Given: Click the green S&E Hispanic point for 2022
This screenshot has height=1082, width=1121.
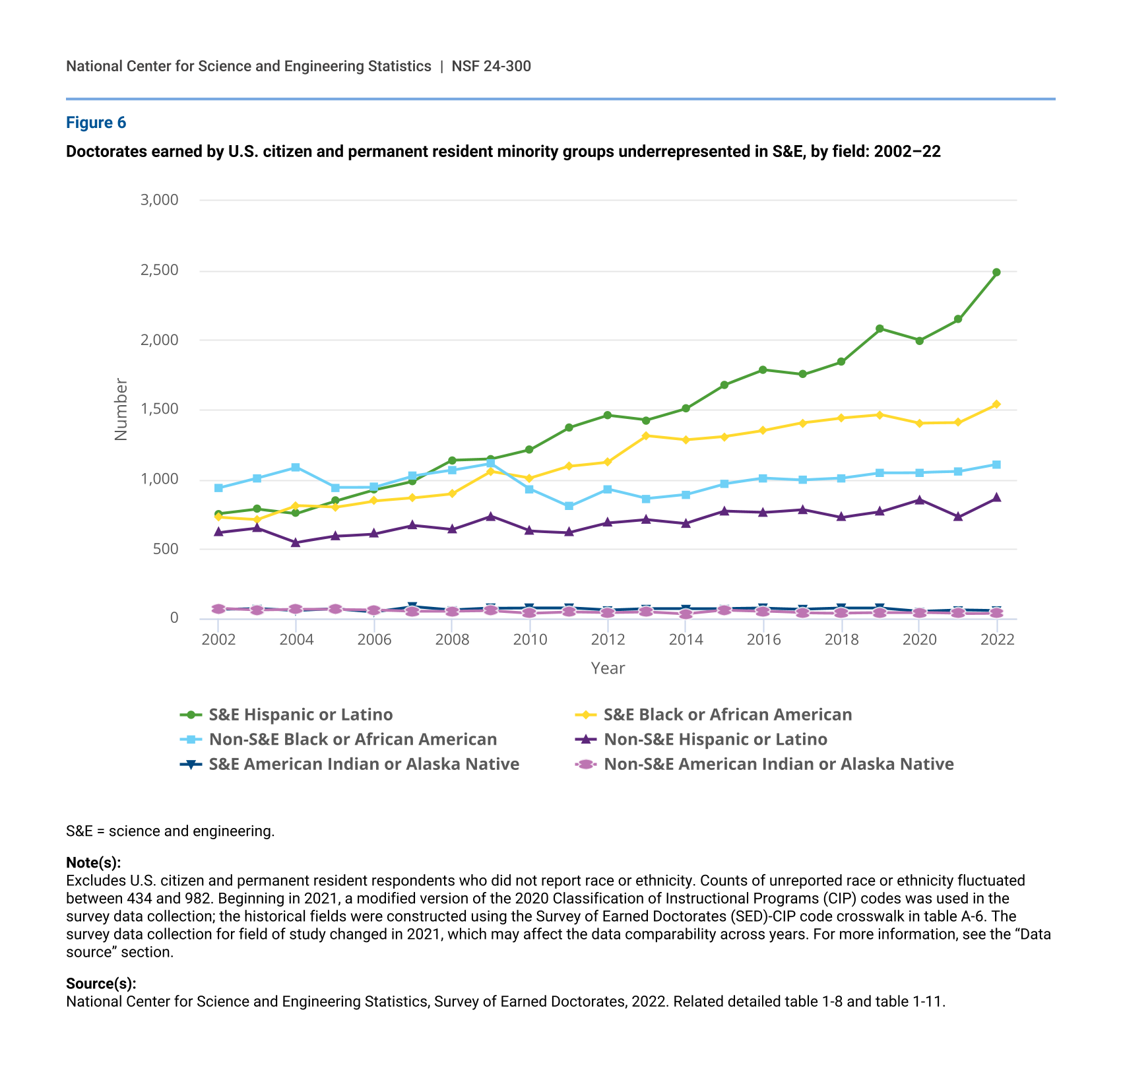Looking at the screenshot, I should [996, 272].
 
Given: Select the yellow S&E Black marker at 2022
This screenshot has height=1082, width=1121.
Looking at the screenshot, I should [996, 404].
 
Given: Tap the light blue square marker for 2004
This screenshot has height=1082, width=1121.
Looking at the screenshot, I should [296, 467].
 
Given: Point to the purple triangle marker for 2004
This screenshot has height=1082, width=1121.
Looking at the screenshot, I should [296, 542].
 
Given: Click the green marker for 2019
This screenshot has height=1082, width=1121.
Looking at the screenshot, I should [880, 329].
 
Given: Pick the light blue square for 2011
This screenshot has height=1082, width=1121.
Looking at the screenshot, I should [569, 506].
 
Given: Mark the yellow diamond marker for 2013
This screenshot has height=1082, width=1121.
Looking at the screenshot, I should [647, 436].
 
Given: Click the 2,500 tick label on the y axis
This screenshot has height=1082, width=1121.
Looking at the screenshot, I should [159, 270].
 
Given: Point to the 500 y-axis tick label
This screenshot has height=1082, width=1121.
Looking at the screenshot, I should [165, 549].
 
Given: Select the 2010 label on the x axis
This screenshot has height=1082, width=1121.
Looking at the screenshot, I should [530, 640].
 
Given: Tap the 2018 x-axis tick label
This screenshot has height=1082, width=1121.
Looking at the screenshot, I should [841, 640].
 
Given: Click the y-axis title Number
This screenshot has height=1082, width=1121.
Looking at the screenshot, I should [121, 409].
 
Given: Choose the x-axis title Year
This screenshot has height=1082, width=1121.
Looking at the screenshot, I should [608, 668].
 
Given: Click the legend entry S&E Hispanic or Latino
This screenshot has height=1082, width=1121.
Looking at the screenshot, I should [300, 715].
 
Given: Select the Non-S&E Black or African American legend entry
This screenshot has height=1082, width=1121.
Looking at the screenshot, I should [352, 740].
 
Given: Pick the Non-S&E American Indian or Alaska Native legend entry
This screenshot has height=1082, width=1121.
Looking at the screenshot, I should [779, 764].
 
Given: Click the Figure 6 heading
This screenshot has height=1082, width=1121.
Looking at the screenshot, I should [96, 123].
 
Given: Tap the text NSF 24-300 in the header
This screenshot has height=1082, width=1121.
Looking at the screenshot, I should [492, 66].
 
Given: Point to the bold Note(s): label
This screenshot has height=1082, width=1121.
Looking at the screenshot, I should [94, 863].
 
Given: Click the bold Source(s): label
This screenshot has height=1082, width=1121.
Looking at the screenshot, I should [101, 984].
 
